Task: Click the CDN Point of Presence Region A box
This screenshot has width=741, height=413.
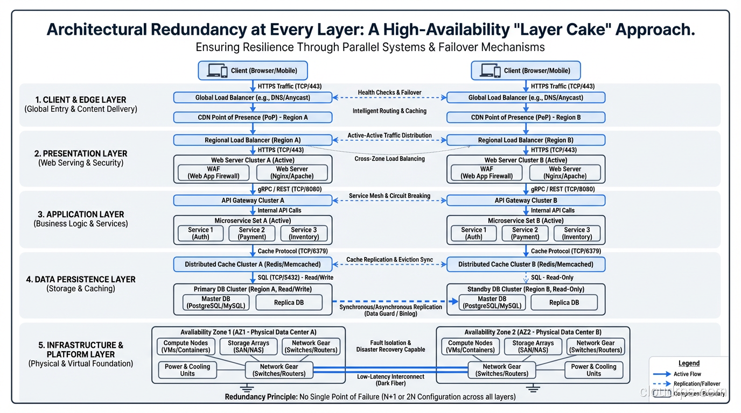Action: coord(253,117)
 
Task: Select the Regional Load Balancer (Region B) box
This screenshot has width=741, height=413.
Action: coord(526,140)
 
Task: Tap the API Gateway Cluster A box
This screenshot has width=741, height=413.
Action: coord(253,201)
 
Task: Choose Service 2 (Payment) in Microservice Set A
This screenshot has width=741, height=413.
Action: coord(252,233)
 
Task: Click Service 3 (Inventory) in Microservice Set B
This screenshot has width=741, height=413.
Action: coord(577,233)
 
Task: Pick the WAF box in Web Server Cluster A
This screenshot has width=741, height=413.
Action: coord(213,173)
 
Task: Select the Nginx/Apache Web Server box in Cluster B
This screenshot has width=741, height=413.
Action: coord(565,173)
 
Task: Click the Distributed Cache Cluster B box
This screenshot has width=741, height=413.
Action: coord(526,265)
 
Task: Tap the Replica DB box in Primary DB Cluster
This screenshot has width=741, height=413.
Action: coord(289,303)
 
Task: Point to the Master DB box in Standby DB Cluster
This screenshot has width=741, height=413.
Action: coord(492,303)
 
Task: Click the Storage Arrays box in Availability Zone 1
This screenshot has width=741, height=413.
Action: coord(248,347)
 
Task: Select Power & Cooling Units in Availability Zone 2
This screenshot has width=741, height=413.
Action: coord(593,370)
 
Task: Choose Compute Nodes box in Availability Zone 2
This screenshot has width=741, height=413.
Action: coord(470,347)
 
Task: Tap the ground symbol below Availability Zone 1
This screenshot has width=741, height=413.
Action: coord(248,388)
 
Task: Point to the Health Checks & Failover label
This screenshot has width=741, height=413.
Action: coord(389,92)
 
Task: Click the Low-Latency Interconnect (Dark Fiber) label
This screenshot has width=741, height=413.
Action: coord(390,380)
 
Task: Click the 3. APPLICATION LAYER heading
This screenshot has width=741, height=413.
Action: coord(81,214)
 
